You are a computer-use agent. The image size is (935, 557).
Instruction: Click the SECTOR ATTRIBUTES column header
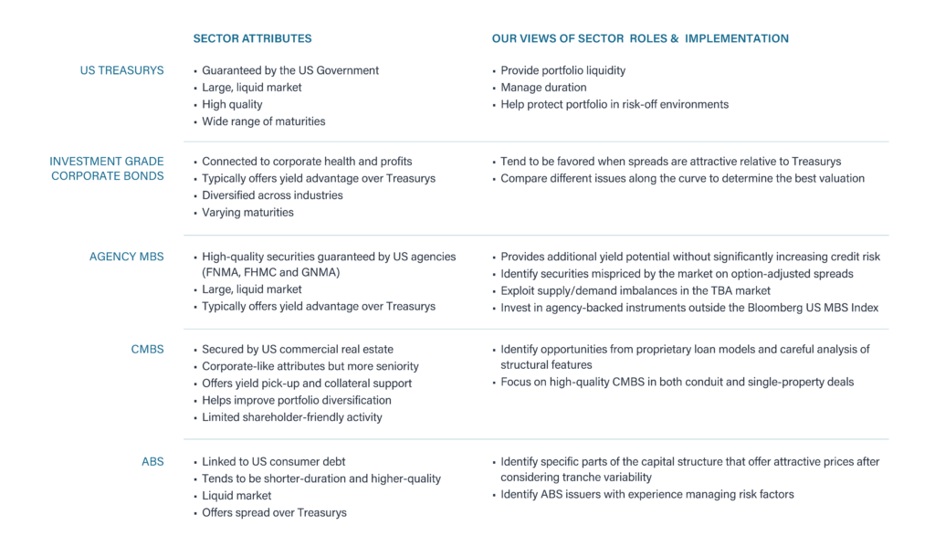coord(252,39)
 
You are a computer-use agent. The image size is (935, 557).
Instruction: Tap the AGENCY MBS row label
coord(127,257)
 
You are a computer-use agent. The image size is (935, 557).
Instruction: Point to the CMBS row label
coord(148,350)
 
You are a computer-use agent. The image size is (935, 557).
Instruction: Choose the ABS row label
coord(152,461)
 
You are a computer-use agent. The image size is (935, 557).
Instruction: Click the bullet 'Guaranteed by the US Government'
coord(290,70)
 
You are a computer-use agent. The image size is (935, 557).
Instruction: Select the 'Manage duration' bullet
coord(543,88)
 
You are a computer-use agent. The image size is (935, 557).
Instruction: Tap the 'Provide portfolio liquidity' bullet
coord(562,70)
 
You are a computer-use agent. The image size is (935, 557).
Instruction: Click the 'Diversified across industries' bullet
coord(272,195)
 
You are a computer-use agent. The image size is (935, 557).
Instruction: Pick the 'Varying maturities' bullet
coord(247,213)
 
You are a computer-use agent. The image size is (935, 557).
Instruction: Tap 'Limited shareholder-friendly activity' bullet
coord(292,417)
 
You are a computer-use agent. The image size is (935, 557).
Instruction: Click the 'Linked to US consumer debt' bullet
coord(273,461)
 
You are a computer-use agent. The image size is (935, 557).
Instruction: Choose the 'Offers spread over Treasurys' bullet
coord(274,512)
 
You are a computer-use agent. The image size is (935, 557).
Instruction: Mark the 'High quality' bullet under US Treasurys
coord(232,105)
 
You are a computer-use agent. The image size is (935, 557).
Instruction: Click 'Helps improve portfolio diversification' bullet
coord(296,400)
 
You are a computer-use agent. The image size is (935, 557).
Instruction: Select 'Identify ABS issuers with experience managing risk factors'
coord(646,495)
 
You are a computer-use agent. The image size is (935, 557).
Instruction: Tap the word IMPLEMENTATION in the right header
coord(737,39)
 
